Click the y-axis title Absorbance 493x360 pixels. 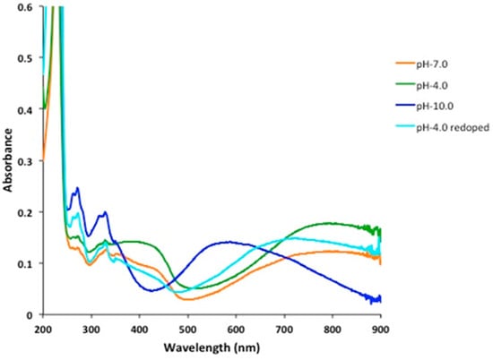(x=8, y=161)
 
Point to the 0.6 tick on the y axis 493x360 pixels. (x=28, y=7)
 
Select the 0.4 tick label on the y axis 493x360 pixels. (x=28, y=110)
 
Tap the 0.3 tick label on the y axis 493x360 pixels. (x=28, y=161)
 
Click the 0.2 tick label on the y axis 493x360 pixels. (x=28, y=213)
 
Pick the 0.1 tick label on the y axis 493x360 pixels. (x=28, y=264)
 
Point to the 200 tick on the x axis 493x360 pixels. (x=42, y=329)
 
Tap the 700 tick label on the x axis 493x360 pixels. (x=284, y=329)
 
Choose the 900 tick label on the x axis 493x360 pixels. (x=381, y=329)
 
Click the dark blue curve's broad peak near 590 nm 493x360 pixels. (x=230, y=242)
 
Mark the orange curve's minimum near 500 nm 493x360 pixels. (x=190, y=299)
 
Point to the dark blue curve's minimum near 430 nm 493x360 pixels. (x=152, y=290)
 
